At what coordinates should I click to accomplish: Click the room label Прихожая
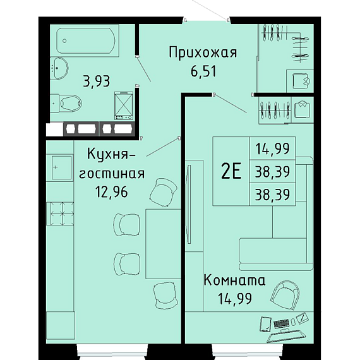tap(203, 52)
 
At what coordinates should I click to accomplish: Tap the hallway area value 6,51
tap(203, 71)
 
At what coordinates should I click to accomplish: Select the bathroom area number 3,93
tap(97, 81)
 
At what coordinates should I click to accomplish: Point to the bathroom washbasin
tap(59, 68)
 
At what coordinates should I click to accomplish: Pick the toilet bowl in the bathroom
tap(66, 104)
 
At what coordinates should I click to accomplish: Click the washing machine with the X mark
tap(124, 105)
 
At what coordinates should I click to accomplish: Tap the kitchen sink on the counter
tap(61, 167)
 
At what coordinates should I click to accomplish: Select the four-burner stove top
tap(60, 213)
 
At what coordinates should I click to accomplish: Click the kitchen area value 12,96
tap(112, 192)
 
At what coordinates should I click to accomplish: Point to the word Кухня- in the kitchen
tap(112, 154)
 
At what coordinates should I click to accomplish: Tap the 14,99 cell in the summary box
tap(272, 148)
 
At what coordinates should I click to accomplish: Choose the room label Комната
tap(234, 280)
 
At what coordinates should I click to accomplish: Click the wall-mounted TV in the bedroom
tap(189, 204)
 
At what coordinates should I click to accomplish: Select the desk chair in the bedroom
tap(285, 294)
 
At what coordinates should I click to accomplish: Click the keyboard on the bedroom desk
tap(281, 323)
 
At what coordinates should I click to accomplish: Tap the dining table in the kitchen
tap(163, 244)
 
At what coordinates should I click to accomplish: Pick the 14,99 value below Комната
tap(235, 299)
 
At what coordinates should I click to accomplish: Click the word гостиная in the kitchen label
tap(112, 174)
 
